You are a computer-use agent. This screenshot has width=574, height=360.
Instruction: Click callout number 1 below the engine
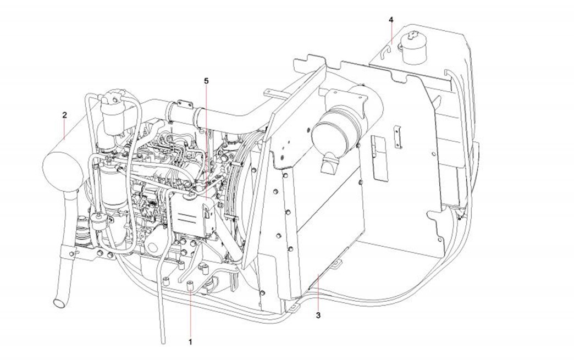pos(191,341)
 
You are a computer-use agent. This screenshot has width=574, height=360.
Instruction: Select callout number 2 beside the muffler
pos(65,115)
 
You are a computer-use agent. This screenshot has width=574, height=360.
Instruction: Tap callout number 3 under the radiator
pos(318,315)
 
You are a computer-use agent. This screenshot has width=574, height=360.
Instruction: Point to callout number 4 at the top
pos(391,20)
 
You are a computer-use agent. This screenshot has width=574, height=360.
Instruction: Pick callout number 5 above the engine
pos(206,81)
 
